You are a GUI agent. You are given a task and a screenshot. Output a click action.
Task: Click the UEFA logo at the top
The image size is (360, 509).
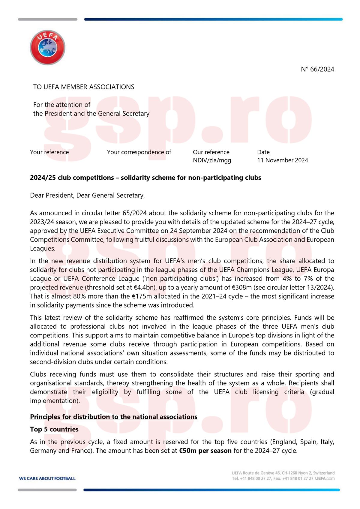click(47, 47)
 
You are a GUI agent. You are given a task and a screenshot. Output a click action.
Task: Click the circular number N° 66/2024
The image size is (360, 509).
click(317, 69)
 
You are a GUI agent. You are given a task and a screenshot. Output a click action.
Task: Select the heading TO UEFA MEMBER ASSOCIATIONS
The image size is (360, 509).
click(84, 87)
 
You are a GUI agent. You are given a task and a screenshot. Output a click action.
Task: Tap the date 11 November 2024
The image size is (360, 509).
click(282, 160)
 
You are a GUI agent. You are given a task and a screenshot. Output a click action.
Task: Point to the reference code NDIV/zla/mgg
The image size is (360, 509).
click(212, 160)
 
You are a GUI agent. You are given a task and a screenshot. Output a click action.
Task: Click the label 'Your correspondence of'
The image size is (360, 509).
click(139, 152)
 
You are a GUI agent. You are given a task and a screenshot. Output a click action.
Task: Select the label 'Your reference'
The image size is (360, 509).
click(49, 152)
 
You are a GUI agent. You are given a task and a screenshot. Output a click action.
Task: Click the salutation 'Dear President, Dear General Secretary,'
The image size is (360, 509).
click(87, 195)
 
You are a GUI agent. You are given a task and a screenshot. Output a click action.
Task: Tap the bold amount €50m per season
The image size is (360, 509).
click(205, 451)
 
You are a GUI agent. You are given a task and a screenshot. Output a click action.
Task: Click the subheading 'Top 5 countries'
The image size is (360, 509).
click(54, 429)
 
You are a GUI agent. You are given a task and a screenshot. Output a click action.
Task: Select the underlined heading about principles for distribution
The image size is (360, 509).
click(114, 417)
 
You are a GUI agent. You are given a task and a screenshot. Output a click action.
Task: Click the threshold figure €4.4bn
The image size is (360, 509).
click(144, 287)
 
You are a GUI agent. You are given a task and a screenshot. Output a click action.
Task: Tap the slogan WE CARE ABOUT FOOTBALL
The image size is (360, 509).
click(47, 478)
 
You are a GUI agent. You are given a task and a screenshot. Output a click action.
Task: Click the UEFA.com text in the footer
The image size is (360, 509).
click(325, 478)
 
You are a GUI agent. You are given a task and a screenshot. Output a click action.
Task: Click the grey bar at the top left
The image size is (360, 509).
click(47, 19)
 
